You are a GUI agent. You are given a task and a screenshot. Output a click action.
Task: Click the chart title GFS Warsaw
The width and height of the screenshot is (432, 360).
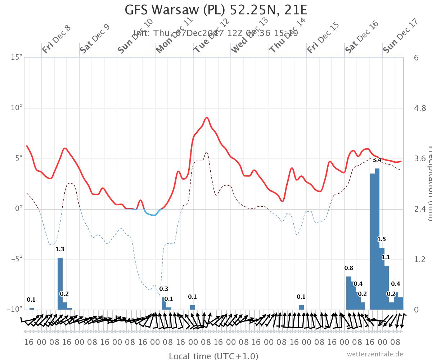[x=216, y=10]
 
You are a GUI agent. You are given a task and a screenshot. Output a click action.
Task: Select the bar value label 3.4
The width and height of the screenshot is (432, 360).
[x=377, y=160]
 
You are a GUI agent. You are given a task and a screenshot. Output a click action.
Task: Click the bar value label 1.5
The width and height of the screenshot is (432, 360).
[x=382, y=239]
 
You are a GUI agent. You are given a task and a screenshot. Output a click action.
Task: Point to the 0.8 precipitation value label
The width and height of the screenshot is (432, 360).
[x=348, y=268]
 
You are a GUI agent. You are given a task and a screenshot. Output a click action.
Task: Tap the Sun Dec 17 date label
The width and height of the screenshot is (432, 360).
[x=400, y=36]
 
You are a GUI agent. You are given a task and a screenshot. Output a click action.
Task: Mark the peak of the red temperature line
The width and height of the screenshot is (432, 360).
[x=207, y=118]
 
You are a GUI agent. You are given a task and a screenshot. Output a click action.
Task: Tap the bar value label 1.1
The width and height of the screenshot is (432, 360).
[x=386, y=257]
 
